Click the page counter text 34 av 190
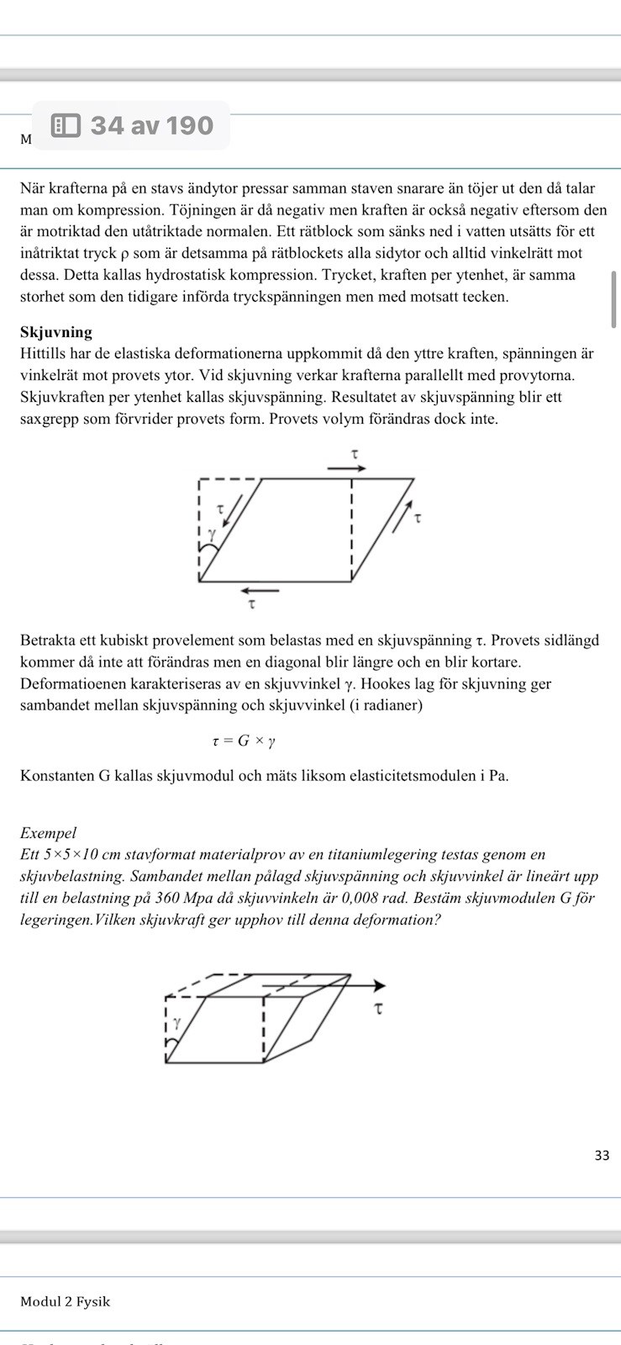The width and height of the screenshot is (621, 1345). click(x=151, y=126)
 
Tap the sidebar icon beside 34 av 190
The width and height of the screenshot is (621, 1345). click(x=66, y=126)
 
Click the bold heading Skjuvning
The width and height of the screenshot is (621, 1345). click(x=56, y=332)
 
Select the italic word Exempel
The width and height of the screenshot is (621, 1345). click(x=48, y=833)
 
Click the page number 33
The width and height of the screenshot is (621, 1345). click(x=602, y=1155)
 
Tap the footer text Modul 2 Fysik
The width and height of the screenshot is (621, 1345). click(x=65, y=1301)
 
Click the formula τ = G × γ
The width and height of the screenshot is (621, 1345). click(x=244, y=741)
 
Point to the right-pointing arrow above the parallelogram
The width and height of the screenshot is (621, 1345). click(x=346, y=468)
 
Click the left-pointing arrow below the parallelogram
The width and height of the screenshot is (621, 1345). click(x=258, y=590)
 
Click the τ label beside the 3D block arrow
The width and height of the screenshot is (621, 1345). click(x=379, y=1007)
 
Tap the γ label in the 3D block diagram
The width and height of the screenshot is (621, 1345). click(x=176, y=1023)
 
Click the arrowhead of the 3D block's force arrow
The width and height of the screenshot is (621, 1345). click(x=380, y=985)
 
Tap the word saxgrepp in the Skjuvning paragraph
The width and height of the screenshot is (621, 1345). click(x=53, y=419)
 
